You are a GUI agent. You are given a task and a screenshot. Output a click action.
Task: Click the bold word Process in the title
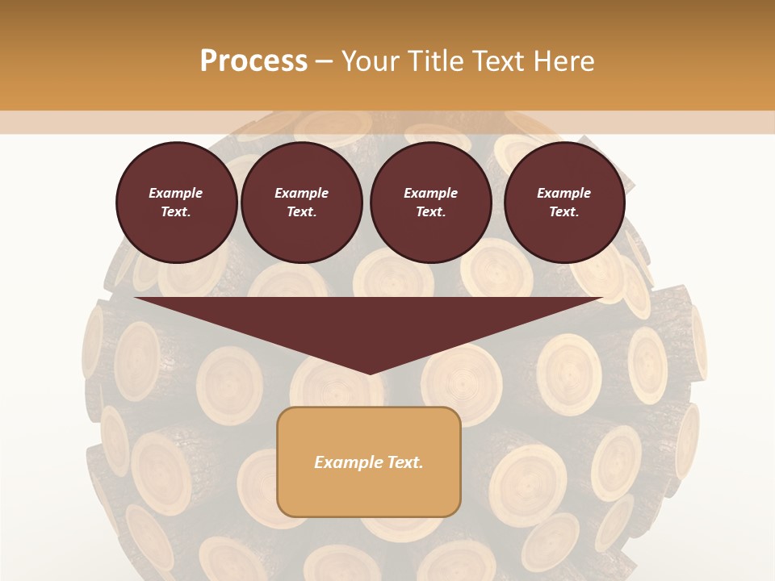[253, 61]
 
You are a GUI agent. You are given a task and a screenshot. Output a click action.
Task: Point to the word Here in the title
[564, 61]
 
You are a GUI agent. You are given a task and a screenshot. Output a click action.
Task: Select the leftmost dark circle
[177, 202]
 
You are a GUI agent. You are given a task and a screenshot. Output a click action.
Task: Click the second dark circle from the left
[302, 202]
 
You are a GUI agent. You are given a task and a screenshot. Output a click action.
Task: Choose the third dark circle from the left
[430, 202]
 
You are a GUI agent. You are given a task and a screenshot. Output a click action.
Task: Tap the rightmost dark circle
[564, 202]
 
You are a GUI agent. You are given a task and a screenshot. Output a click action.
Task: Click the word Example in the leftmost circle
[176, 193]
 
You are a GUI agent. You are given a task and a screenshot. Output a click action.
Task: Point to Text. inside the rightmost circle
[563, 211]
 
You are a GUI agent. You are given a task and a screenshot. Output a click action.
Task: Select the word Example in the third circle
[430, 193]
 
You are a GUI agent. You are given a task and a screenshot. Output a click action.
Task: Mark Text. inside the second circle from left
[301, 211]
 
